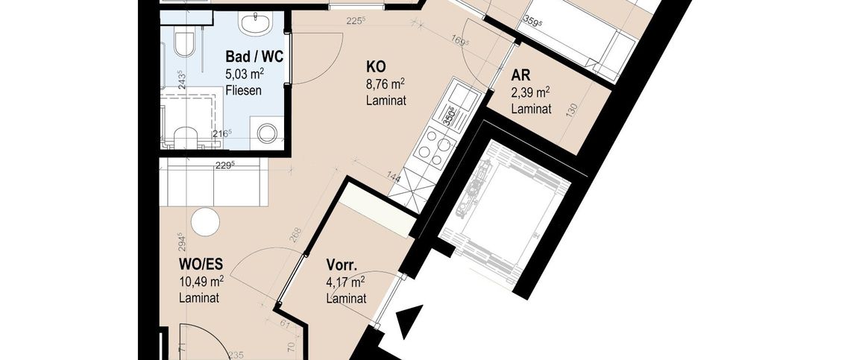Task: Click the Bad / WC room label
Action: click(254, 56)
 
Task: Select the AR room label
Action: click(520, 75)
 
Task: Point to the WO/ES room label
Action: click(201, 264)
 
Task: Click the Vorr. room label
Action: click(343, 265)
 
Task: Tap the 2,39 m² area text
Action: click(530, 92)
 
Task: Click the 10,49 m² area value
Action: click(201, 281)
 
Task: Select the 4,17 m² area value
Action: click(345, 282)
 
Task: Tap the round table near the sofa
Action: click(205, 221)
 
